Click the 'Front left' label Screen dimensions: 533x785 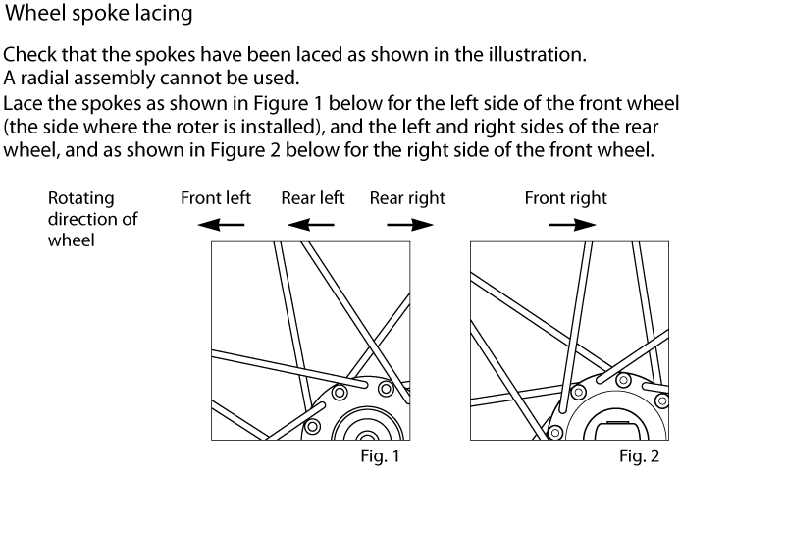point(216,198)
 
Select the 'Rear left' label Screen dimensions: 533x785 point(313,198)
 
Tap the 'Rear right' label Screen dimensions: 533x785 point(407,198)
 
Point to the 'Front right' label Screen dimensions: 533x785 point(565,198)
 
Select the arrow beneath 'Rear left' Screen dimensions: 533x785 point(311,224)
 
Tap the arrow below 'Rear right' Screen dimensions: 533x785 point(409,224)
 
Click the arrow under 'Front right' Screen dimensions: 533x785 point(572,224)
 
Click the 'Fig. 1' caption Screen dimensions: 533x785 point(380,456)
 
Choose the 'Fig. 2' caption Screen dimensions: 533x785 point(639,456)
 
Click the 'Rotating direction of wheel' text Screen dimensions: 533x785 point(92,218)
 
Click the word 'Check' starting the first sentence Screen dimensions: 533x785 point(28,55)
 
